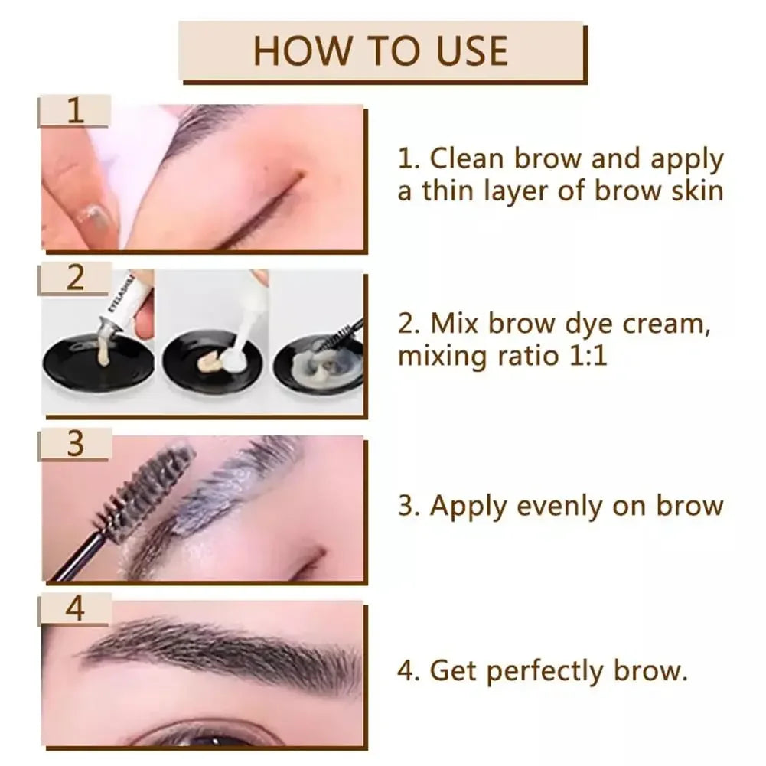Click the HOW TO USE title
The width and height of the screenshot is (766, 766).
[380, 51]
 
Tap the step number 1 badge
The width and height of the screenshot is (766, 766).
[74, 111]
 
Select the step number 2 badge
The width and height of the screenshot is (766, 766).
[74, 278]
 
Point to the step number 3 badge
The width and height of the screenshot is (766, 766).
[74, 445]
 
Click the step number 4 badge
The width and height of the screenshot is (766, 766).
[74, 610]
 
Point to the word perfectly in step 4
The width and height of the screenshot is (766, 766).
[546, 671]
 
